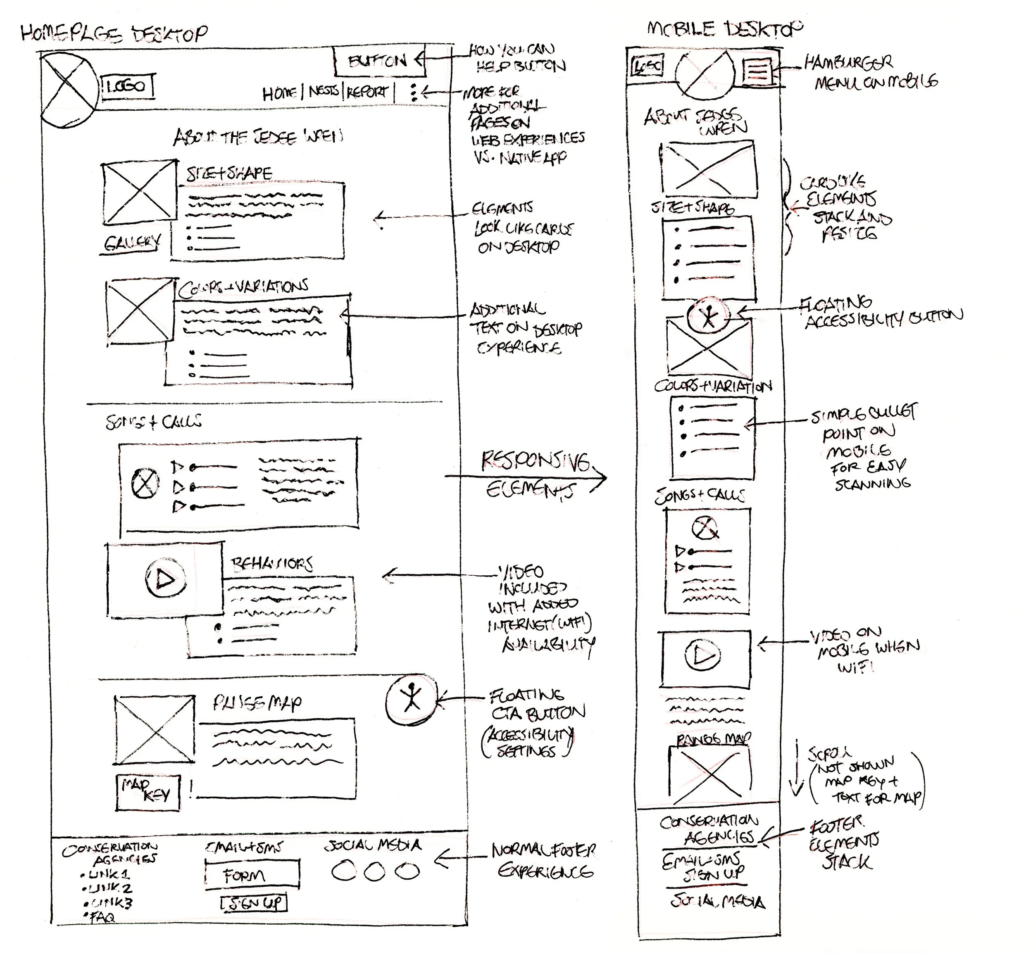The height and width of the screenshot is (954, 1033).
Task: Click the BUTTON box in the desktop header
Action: point(378,62)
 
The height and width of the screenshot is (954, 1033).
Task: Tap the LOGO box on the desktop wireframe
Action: point(128,87)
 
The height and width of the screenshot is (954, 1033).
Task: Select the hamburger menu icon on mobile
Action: point(757,71)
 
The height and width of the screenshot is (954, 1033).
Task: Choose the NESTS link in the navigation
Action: point(324,92)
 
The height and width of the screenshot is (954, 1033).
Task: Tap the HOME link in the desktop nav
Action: point(279,93)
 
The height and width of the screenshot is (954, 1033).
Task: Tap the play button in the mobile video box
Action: point(703,655)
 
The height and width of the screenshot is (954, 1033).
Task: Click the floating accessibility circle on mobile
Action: point(709,316)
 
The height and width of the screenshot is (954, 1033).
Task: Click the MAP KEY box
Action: point(148,791)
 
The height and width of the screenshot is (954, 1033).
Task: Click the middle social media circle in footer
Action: point(374,872)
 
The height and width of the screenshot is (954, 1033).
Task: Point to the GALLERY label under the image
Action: point(132,243)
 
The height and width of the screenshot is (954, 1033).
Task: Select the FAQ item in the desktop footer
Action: point(101,917)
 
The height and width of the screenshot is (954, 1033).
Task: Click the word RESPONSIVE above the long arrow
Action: point(535,460)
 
